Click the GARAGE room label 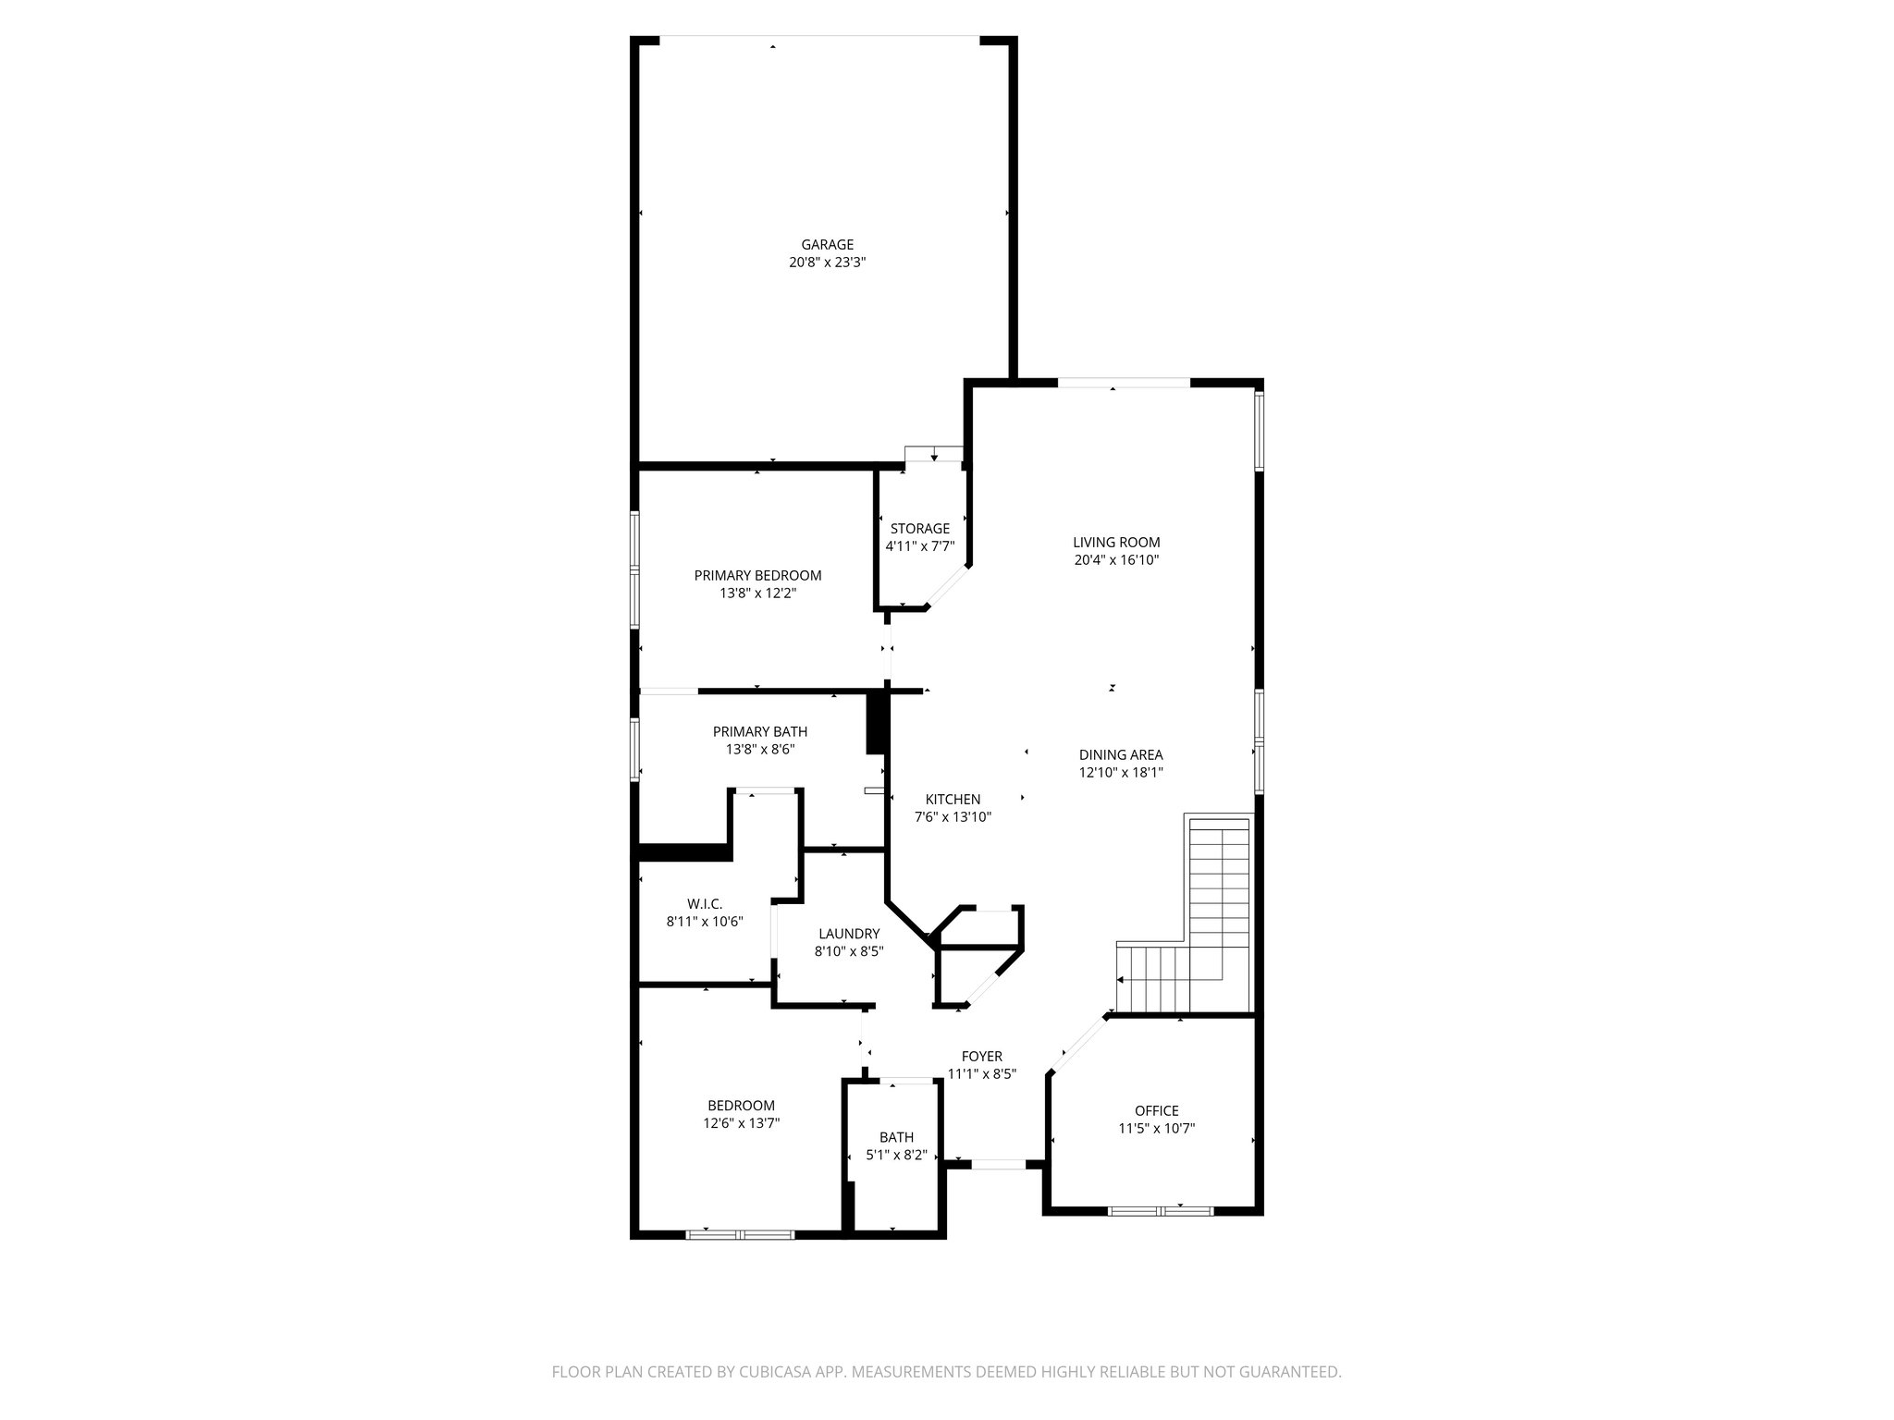pyautogui.click(x=827, y=245)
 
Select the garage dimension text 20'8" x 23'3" pyautogui.click(x=827, y=263)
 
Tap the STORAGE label pyautogui.click(x=919, y=529)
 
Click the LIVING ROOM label pyautogui.click(x=1116, y=543)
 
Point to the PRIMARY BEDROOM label pyautogui.click(x=757, y=575)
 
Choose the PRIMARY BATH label pyautogui.click(x=759, y=731)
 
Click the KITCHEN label pyautogui.click(x=953, y=800)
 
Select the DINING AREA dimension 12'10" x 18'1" pyautogui.click(x=1120, y=773)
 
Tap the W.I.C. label pyautogui.click(x=704, y=903)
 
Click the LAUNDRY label pyautogui.click(x=848, y=934)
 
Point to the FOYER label pyautogui.click(x=981, y=1057)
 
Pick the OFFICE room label pyautogui.click(x=1156, y=1110)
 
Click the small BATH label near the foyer pyautogui.click(x=896, y=1137)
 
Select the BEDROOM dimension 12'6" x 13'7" pyautogui.click(x=741, y=1123)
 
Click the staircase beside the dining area pyautogui.click(x=1219, y=915)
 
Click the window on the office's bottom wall pyautogui.click(x=1161, y=1209)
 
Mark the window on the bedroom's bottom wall pyautogui.click(x=740, y=1233)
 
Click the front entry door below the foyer pyautogui.click(x=998, y=1165)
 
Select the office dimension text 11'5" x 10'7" pyautogui.click(x=1156, y=1128)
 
